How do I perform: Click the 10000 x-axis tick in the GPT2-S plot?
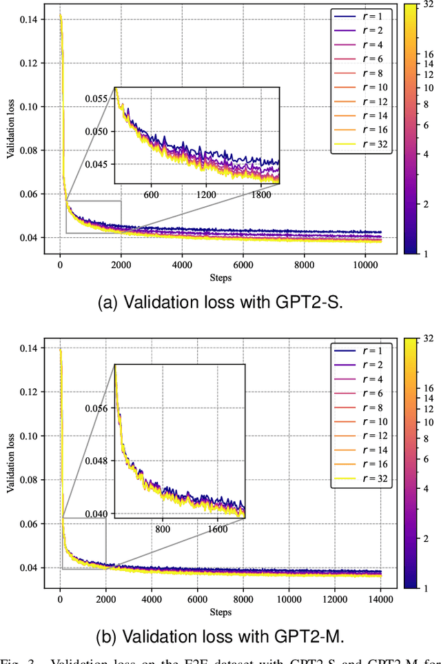coord(365,263)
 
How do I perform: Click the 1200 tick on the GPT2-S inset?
coord(207,194)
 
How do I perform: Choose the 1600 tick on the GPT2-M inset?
coord(217,529)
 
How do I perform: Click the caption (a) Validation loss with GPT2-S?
coord(220,305)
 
